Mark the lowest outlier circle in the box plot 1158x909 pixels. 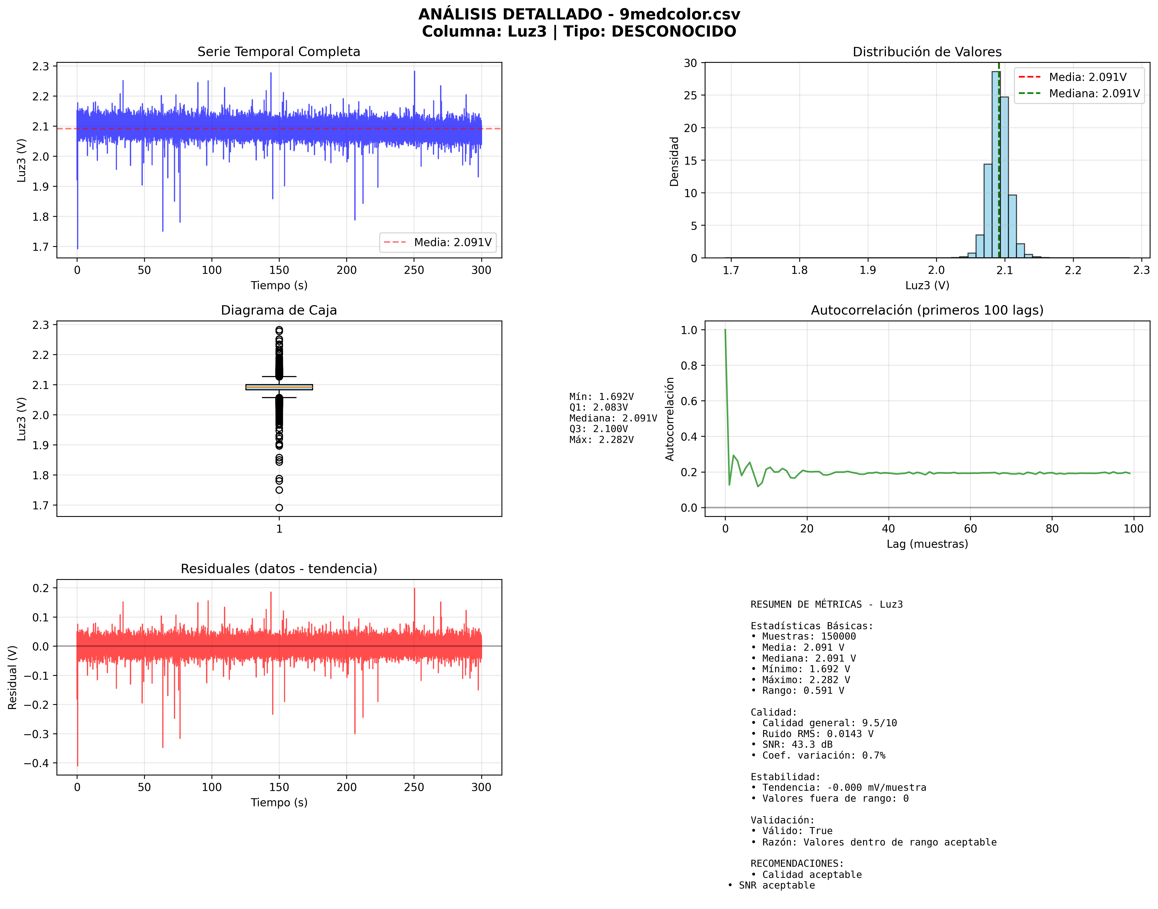279,508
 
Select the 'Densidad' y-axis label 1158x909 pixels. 674,161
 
